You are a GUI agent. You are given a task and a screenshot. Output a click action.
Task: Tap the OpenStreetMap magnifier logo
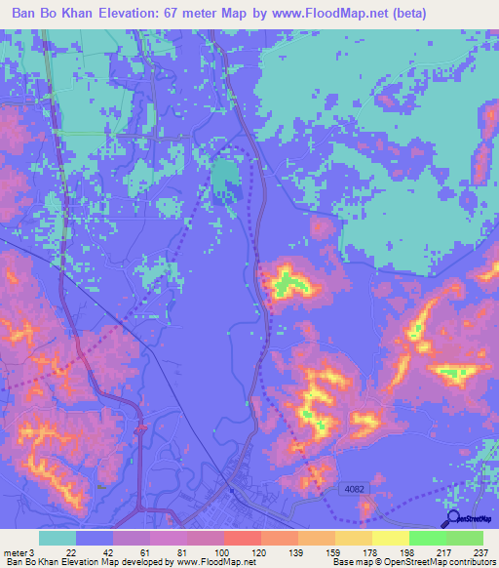[450, 519]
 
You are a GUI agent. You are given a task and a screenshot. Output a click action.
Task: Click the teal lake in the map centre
[225, 179]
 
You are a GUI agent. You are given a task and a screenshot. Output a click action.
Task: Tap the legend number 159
[319, 553]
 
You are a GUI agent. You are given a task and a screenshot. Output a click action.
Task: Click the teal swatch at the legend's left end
[57, 538]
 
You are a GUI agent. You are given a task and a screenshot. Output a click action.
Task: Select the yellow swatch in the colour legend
[390, 538]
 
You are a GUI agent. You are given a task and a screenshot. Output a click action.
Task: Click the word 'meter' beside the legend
[15, 553]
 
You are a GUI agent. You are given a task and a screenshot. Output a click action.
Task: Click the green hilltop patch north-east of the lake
[287, 284]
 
